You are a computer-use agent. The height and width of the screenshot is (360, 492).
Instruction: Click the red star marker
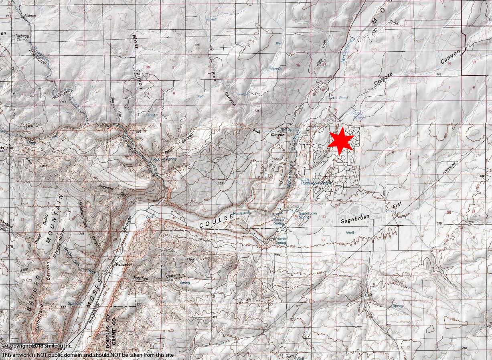[x=341, y=140]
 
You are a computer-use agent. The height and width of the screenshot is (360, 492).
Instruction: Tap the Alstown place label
[x=30, y=15]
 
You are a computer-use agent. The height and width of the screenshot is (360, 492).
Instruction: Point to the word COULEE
[x=217, y=220]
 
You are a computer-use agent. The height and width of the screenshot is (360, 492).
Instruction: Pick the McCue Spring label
[x=165, y=159]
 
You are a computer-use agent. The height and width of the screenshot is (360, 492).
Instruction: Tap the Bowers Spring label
[x=280, y=241]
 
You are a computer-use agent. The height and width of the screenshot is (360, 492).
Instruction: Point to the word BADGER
[x=34, y=293]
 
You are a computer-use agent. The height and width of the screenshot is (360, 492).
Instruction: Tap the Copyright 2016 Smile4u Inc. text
[x=37, y=346]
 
